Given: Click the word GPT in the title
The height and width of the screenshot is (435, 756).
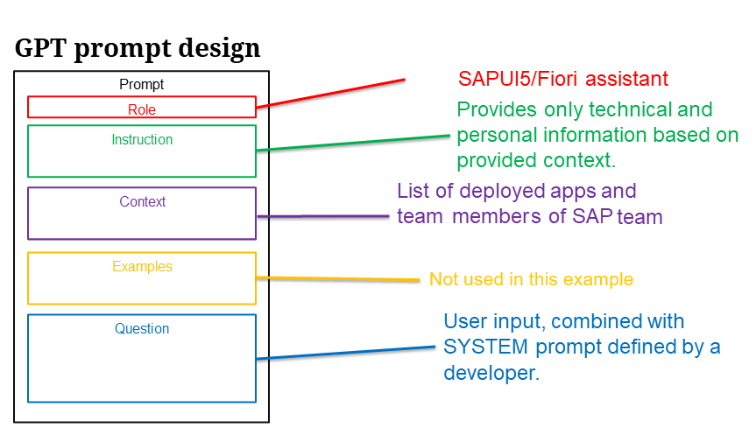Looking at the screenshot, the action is click(x=39, y=48).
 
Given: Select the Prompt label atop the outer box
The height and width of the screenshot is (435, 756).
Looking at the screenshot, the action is click(x=142, y=85).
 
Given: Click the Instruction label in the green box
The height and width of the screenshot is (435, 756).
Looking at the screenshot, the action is click(x=142, y=140).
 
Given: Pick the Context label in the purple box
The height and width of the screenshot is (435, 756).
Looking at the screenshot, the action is click(x=142, y=202).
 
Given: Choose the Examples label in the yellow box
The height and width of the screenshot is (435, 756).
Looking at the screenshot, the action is click(x=142, y=266).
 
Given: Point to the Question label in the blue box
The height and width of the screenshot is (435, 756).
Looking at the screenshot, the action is click(x=142, y=328).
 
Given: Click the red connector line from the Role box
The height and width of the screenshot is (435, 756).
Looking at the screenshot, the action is click(x=331, y=93).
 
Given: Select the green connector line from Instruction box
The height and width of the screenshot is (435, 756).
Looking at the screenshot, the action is click(x=353, y=143).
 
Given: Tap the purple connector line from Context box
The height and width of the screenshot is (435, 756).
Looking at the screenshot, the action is click(x=323, y=216).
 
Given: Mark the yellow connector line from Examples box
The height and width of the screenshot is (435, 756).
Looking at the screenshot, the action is click(x=338, y=278).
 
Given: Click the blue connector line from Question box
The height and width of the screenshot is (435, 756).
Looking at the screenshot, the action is click(x=346, y=353).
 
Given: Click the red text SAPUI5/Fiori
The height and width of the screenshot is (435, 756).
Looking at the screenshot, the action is click(x=518, y=79).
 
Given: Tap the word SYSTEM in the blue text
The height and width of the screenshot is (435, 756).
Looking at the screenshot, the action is click(x=485, y=347).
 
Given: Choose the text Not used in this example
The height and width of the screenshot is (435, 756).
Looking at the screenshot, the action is click(x=532, y=279).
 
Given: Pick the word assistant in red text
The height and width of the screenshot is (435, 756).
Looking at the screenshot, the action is click(x=626, y=79).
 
